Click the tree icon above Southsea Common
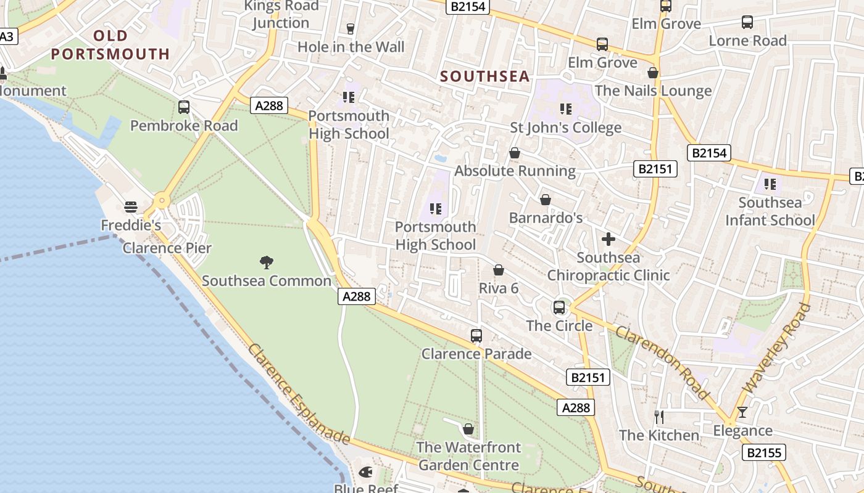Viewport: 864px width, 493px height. (267, 263)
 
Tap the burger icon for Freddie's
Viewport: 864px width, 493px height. (130, 207)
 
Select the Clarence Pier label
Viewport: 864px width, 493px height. (167, 248)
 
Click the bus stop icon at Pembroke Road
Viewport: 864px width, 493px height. (184, 107)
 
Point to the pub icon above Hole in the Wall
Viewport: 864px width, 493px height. (351, 28)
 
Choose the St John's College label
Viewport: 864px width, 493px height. (565, 128)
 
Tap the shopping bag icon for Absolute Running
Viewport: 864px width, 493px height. (515, 153)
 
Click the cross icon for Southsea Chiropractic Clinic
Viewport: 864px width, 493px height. (609, 239)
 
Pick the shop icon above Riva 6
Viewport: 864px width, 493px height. (499, 270)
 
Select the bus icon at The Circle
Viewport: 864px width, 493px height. (559, 307)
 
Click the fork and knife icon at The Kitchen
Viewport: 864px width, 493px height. (659, 417)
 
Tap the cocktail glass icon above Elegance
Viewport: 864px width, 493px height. (742, 412)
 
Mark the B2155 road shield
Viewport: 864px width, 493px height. (763, 453)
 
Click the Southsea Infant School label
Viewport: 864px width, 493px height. (770, 211)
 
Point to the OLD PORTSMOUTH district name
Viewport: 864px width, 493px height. (110, 45)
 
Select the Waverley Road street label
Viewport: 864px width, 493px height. (775, 348)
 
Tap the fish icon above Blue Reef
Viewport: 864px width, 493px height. (365, 473)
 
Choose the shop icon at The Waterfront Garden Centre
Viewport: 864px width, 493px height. (468, 429)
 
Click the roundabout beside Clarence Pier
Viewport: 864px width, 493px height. (162, 200)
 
